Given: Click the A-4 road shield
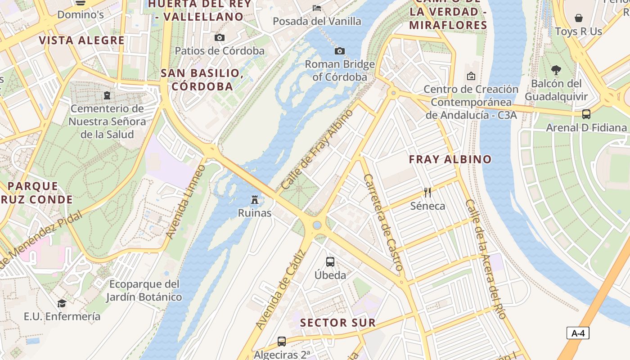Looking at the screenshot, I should (578, 333).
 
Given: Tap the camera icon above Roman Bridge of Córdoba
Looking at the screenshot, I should (340, 51).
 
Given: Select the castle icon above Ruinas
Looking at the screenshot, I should (255, 199).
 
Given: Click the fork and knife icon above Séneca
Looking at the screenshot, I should (427, 193).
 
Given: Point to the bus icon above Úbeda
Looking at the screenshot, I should (330, 261).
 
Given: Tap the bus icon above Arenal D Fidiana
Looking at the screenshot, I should (586, 114).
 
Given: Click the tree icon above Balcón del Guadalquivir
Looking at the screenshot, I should (556, 70).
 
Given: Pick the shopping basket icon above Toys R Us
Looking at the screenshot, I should (579, 18).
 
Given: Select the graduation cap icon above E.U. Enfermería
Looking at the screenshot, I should (62, 303).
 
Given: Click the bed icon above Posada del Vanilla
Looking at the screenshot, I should (317, 8).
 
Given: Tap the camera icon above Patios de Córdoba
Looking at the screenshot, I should (220, 37).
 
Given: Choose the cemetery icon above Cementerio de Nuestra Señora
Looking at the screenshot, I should (107, 95).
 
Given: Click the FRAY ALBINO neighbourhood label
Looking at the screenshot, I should (450, 159).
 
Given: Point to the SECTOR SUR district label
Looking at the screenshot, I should (337, 323).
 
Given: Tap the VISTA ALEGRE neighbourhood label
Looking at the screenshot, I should (81, 40).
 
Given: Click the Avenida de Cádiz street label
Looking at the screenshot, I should (281, 289).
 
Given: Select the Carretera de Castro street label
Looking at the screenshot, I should (383, 222).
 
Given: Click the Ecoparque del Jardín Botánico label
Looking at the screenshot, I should (144, 291).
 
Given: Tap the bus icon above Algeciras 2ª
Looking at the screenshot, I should (282, 342).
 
